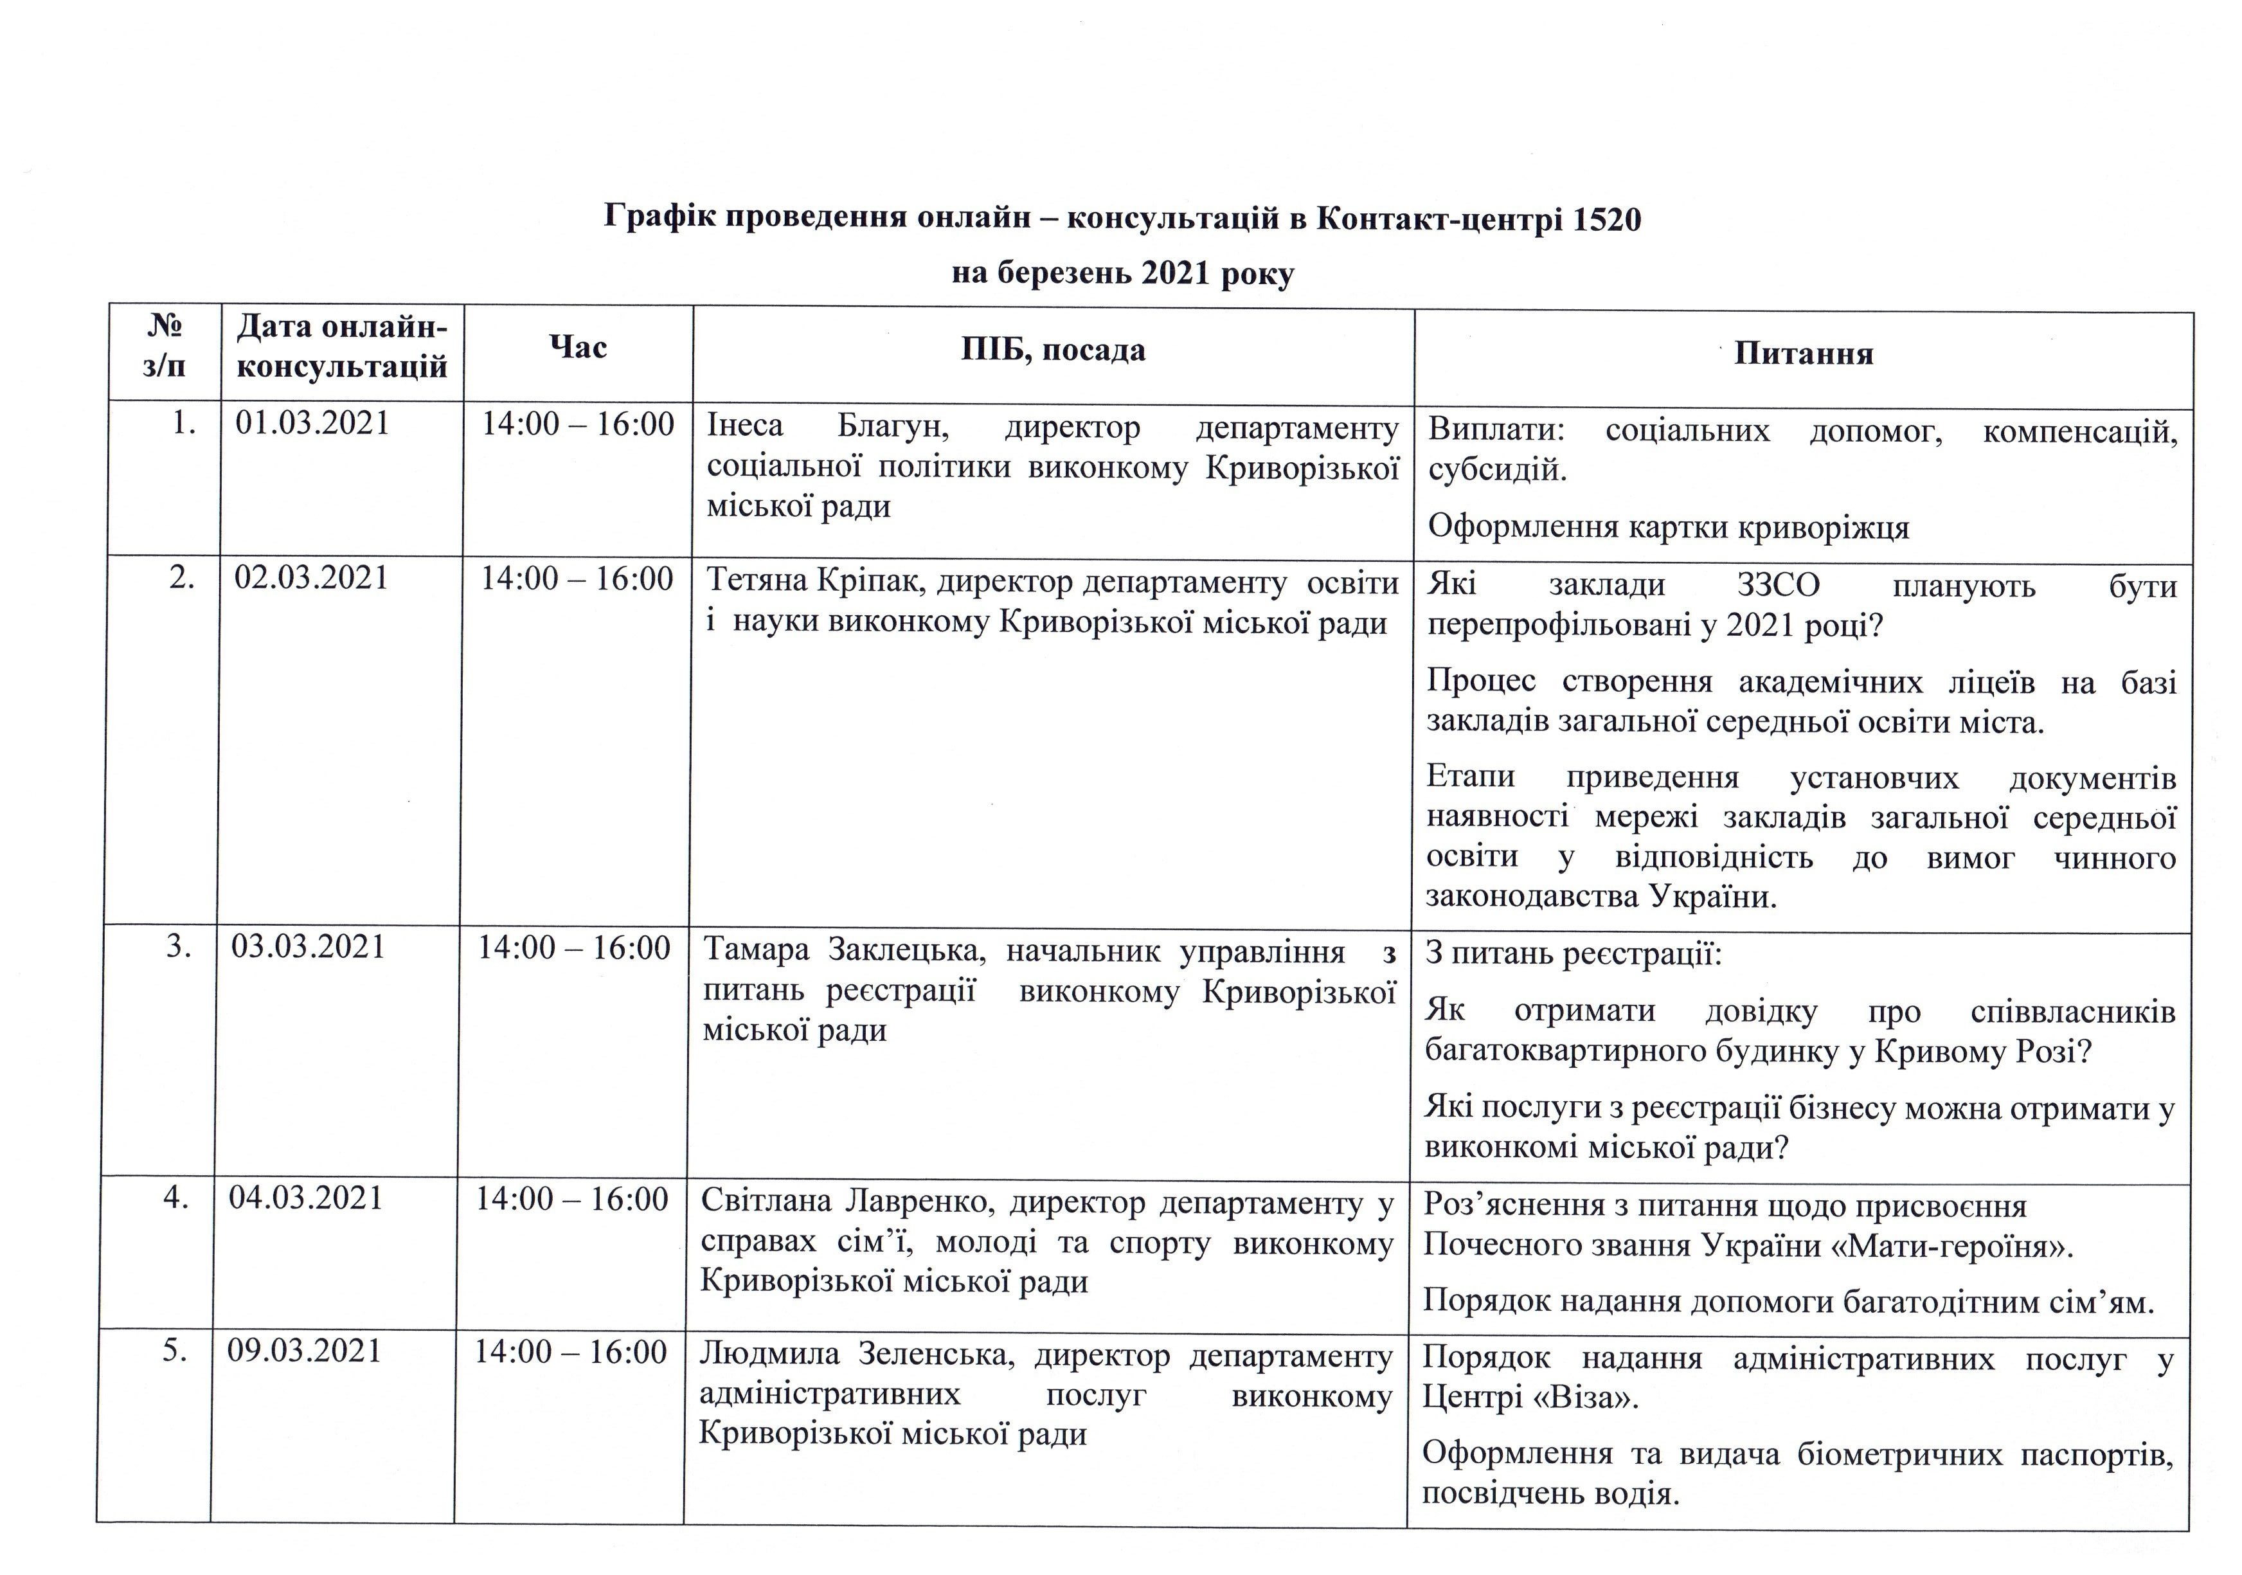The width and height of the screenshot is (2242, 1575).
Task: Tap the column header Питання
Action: click(x=1804, y=354)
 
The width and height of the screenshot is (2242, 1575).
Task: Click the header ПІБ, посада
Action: click(x=1053, y=350)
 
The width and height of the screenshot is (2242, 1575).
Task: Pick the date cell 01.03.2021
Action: click(x=312, y=423)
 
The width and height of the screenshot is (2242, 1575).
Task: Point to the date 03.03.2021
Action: click(x=309, y=947)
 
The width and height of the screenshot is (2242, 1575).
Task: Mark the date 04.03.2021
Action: click(x=305, y=1198)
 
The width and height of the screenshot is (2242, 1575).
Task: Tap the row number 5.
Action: click(x=174, y=1351)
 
